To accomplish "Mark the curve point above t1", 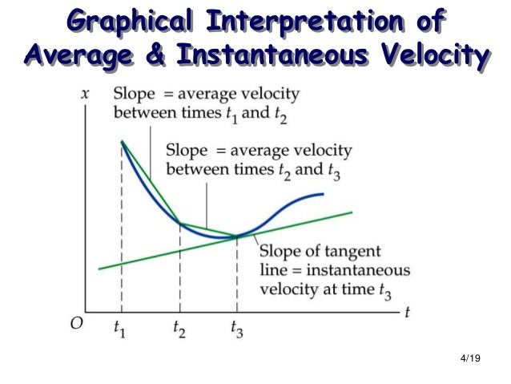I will (122, 141).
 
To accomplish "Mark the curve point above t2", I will (180, 223).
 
